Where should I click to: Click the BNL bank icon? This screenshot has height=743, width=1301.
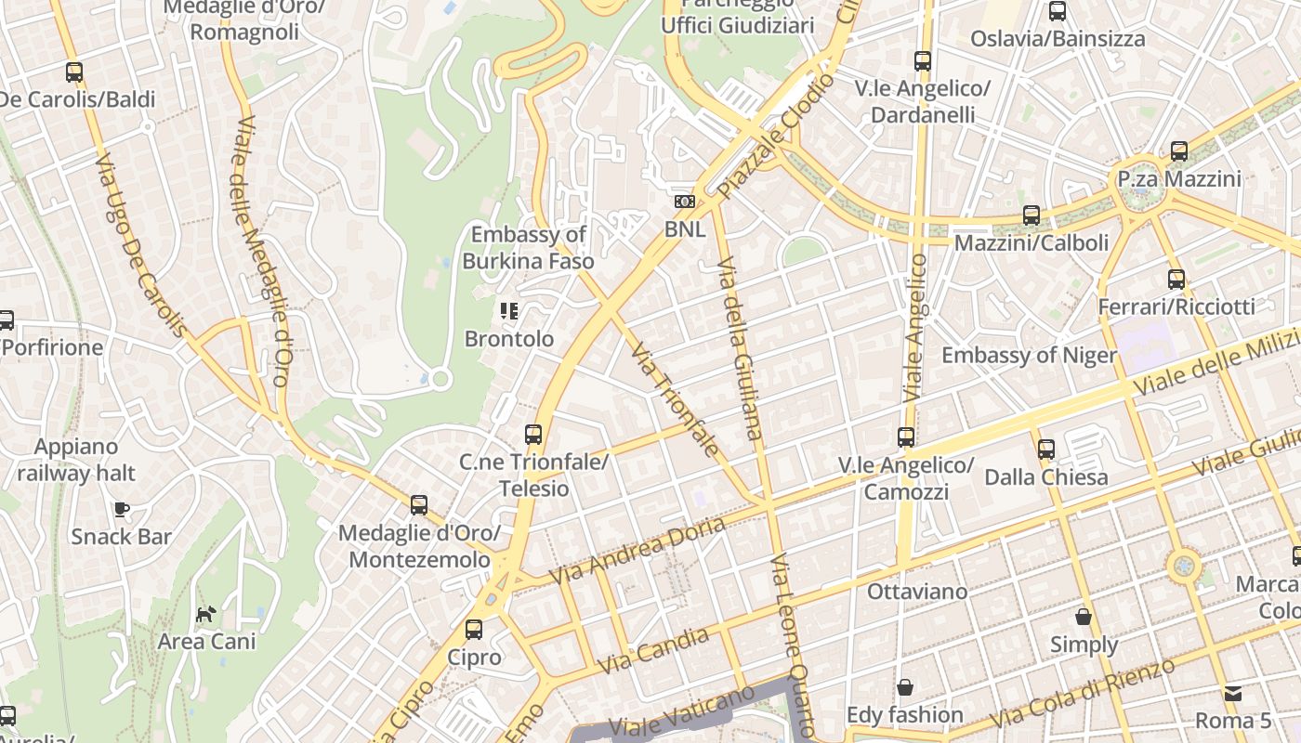click(x=685, y=202)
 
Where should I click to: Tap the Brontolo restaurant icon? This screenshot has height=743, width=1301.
click(x=508, y=311)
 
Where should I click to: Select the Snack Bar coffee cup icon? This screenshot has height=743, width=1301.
click(x=121, y=509)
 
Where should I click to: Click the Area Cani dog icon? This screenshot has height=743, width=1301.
click(x=205, y=614)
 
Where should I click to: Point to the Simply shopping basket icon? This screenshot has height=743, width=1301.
click(x=1084, y=617)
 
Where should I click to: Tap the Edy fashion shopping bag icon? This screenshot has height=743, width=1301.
click(x=904, y=688)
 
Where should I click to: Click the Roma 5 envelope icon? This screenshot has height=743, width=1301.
click(x=1232, y=694)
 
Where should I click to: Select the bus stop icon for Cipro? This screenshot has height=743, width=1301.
click(x=474, y=630)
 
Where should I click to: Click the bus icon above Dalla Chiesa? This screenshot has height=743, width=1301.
click(x=1046, y=450)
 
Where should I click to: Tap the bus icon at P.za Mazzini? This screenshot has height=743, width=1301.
click(x=1179, y=150)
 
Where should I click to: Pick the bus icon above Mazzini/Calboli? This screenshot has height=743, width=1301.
click(x=1032, y=215)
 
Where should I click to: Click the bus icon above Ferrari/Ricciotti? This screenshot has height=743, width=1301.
click(x=1176, y=279)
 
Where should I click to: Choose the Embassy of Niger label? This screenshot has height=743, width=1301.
click(x=1029, y=356)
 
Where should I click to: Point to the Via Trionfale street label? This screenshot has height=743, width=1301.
click(x=675, y=400)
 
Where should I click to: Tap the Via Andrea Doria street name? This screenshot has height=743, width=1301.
click(x=637, y=551)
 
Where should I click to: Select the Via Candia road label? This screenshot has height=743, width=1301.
click(x=653, y=651)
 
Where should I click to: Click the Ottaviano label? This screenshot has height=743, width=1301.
click(x=916, y=592)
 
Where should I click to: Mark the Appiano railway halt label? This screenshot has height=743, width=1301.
click(x=76, y=460)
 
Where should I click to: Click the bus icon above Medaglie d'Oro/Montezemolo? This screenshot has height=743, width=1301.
click(x=419, y=505)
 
